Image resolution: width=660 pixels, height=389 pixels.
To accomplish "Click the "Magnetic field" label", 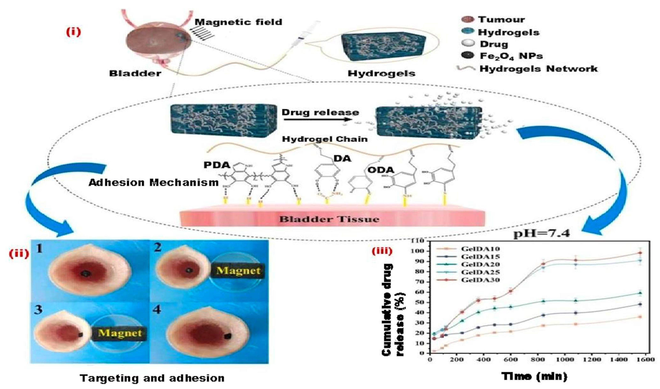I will point(238,22).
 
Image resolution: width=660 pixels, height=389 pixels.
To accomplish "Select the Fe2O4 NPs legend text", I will point(511,56).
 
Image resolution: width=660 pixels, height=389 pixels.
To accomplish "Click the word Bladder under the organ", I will point(135,73).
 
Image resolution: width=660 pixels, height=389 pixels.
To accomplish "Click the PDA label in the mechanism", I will point(217,165).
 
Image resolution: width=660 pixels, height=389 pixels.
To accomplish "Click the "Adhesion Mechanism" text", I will point(153,183).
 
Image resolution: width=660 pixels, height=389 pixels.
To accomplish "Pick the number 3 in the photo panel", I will point(38,310).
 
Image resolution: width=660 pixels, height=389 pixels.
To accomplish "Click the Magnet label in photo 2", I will point(238,271).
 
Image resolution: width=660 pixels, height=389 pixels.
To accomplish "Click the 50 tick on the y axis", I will point(420,302).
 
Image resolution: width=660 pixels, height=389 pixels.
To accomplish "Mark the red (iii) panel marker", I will point(382,251).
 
